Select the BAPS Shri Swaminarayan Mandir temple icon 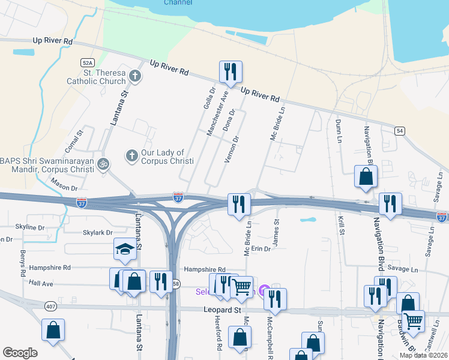pyautogui.click(x=103, y=163)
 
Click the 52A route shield pyautogui.click(x=88, y=62)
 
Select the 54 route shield pyautogui.click(x=399, y=130)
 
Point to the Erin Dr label pyautogui.click(x=261, y=248)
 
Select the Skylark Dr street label pyautogui.click(x=97, y=232)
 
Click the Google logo pyautogui.click(x=19, y=353)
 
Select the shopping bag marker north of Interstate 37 pyautogui.click(x=365, y=178)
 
